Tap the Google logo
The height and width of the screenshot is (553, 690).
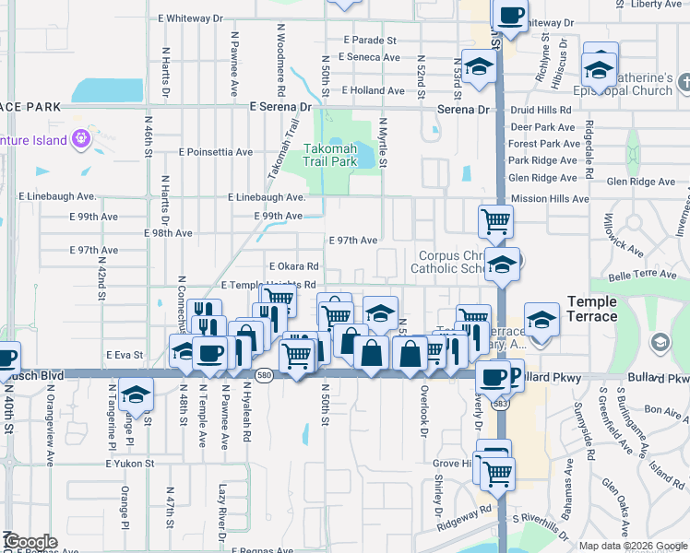(x=30, y=542)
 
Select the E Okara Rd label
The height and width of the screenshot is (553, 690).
(x=293, y=266)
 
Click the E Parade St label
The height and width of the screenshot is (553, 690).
(x=370, y=41)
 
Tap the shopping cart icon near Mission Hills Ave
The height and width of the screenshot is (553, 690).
(x=495, y=220)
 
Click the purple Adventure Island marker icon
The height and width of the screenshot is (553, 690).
(x=80, y=139)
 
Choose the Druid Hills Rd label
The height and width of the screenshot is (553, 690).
(x=541, y=110)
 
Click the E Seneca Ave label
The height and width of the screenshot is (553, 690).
(x=369, y=57)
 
